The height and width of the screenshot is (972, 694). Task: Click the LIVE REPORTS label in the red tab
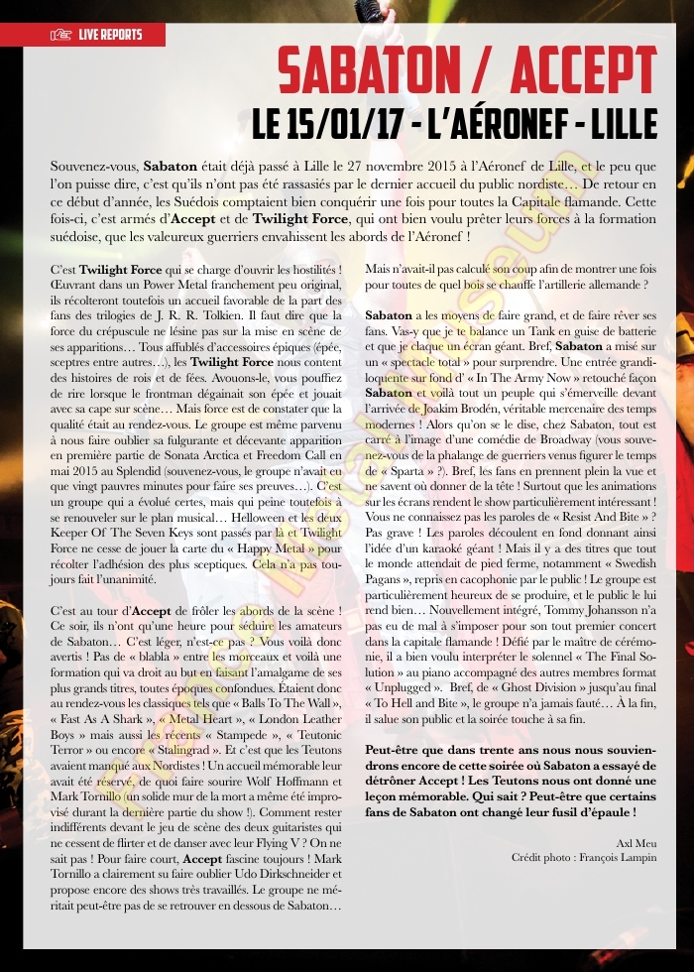coord(110,35)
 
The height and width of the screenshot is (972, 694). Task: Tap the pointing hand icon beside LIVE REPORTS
coord(61,35)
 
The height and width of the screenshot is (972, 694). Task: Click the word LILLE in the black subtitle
coord(623,124)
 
